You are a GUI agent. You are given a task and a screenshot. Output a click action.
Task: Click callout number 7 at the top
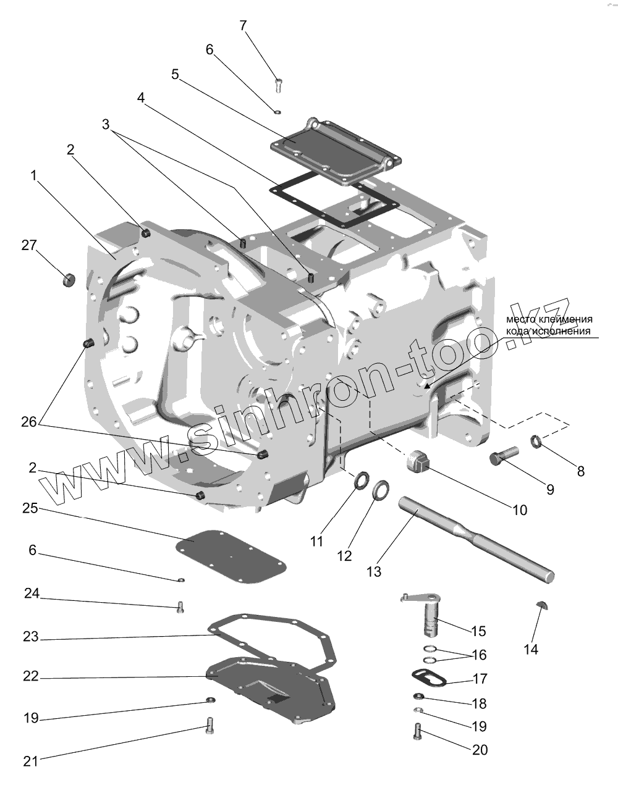pos(243,25)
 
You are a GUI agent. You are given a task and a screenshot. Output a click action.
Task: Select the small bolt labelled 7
pos(277,85)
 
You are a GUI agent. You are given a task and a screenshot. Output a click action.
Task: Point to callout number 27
pos(29,245)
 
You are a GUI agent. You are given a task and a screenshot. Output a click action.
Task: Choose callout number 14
pos(531,649)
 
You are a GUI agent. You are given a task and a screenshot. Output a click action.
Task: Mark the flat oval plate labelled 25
pos(232,555)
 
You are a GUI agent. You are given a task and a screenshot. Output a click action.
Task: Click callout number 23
pos(31,637)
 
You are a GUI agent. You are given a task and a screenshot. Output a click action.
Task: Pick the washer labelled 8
pos(536,441)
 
